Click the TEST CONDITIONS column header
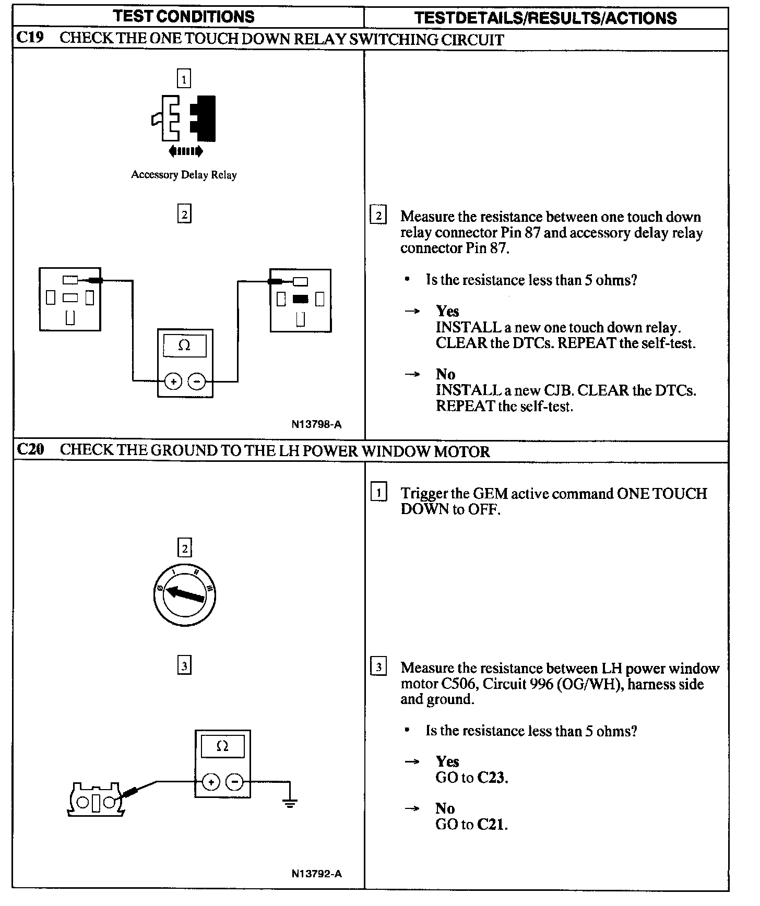pos(184,17)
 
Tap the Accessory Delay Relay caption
pos(184,175)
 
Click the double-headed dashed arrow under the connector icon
pos(185,151)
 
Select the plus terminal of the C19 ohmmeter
pos(173,382)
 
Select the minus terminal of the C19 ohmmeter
pos(196,382)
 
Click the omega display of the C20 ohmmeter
pos(222,746)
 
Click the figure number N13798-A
pos(316,424)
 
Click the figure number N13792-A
pos(316,874)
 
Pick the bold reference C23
pos(492,778)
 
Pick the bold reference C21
pos(492,825)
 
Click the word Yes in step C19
pos(447,311)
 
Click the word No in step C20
pos(445,808)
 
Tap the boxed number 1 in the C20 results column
pos(378,492)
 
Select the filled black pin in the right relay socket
pos(300,299)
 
